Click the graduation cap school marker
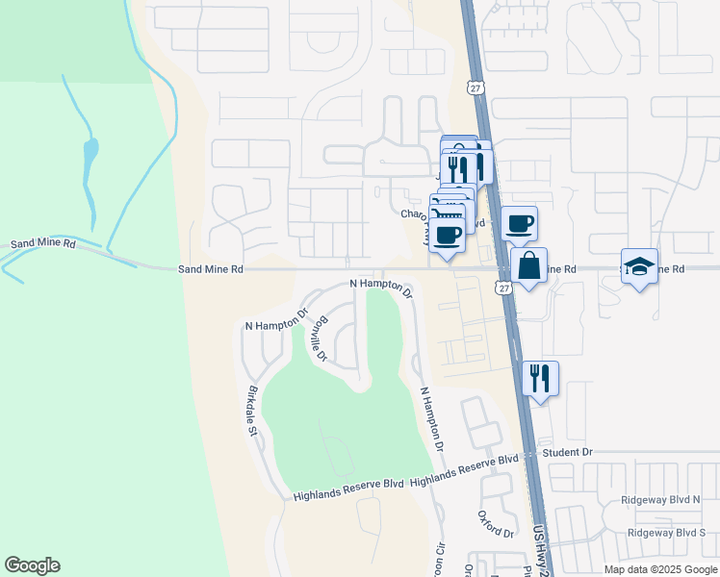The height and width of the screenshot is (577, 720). click(x=639, y=266)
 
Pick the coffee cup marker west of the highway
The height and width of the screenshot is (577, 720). click(x=448, y=235)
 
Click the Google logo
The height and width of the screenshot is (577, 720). click(x=32, y=565)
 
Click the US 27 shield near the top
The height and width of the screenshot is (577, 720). click(x=475, y=87)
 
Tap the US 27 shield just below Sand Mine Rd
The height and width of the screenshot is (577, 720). click(x=504, y=288)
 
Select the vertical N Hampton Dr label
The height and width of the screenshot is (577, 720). click(x=431, y=419)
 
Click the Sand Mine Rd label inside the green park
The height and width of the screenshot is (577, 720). click(x=43, y=245)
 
